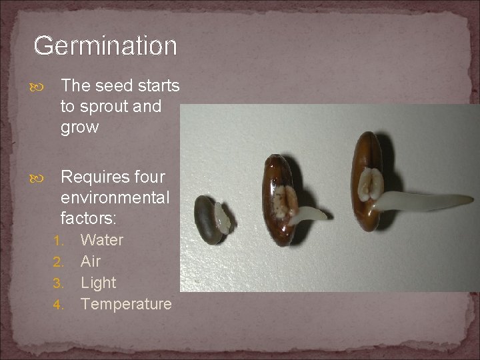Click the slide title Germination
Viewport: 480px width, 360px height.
point(105,46)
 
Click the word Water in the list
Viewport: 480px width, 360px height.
point(102,240)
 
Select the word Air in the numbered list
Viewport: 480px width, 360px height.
point(91,261)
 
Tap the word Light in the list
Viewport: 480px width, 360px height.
point(98,283)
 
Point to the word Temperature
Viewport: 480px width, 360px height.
point(126,304)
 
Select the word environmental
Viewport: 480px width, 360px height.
point(115,198)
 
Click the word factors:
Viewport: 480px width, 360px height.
point(87,219)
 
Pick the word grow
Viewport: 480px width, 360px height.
point(79,127)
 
